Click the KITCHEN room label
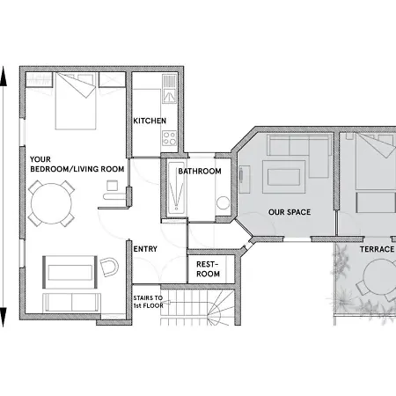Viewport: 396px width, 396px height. point(150,121)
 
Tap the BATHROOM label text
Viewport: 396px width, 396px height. point(200,171)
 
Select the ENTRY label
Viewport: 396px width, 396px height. point(145,249)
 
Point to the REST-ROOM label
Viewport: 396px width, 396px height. point(208,269)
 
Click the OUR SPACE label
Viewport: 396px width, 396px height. point(290,212)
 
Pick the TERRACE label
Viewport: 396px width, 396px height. point(378,249)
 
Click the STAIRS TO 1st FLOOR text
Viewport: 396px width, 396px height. point(148,302)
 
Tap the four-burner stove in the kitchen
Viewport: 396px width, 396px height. point(170,138)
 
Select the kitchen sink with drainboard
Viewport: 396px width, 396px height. point(169,89)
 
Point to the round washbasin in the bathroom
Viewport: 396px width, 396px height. point(224,202)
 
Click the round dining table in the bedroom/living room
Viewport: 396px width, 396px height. point(51,203)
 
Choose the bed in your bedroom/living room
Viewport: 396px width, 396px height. point(76,100)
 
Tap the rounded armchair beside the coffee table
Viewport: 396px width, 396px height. point(109,267)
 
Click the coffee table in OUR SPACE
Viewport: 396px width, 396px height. point(283,177)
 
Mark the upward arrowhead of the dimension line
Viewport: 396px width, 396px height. point(4,77)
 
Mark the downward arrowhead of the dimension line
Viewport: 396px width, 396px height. point(4,317)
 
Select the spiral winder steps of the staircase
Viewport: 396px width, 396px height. point(221,308)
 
